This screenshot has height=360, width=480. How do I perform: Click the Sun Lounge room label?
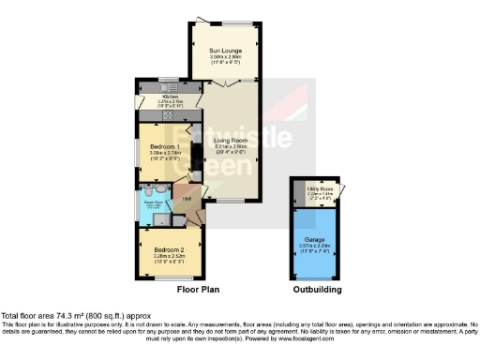(x=225, y=50)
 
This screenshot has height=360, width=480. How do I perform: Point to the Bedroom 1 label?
(x=157, y=147)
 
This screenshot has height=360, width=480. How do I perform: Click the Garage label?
(x=316, y=240)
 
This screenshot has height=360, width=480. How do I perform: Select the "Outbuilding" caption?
(x=317, y=291)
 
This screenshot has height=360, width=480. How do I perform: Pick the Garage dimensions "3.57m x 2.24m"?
(x=316, y=247)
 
